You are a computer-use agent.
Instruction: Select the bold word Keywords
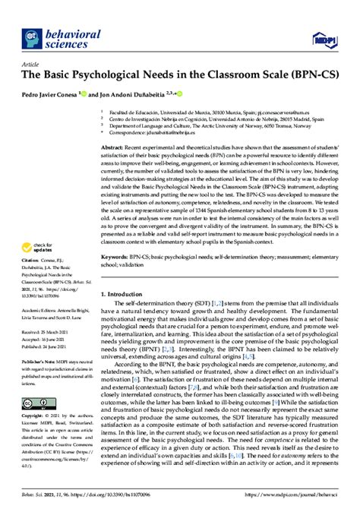point(118,237)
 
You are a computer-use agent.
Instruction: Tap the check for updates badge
point(41,227)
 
